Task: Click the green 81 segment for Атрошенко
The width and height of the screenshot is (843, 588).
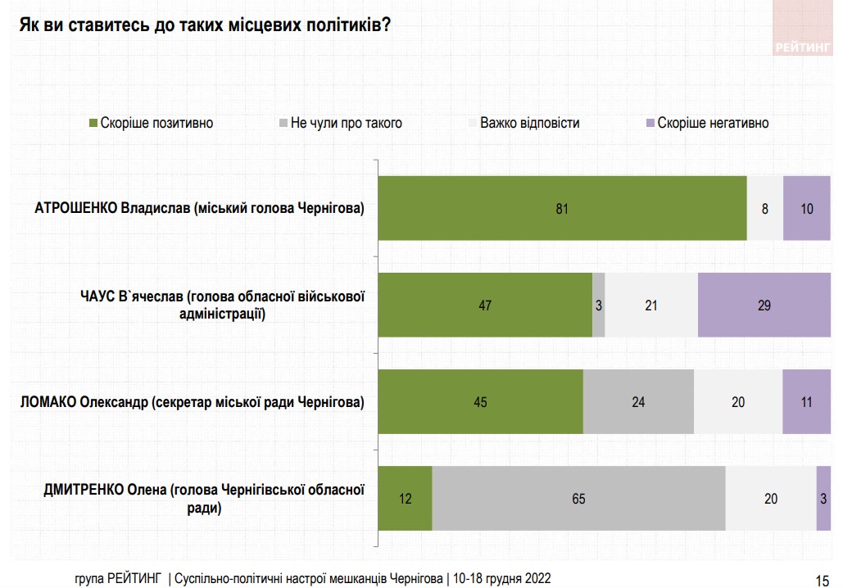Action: pyautogui.click(x=562, y=208)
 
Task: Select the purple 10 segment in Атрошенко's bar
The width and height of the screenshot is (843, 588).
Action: pyautogui.click(x=807, y=208)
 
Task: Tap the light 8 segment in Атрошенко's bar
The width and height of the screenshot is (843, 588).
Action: pyautogui.click(x=765, y=208)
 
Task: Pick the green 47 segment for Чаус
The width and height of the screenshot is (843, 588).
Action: pyautogui.click(x=485, y=305)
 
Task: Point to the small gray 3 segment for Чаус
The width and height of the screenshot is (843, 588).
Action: pyautogui.click(x=599, y=305)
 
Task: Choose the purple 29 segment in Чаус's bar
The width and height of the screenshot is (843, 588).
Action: pyautogui.click(x=764, y=305)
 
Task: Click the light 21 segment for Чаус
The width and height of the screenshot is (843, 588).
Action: pyautogui.click(x=651, y=305)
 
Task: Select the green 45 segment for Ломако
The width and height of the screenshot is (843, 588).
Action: pyautogui.click(x=480, y=401)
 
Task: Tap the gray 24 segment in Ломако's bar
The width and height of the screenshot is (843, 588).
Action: pyautogui.click(x=638, y=401)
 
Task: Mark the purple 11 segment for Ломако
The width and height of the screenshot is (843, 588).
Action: pyautogui.click(x=807, y=401)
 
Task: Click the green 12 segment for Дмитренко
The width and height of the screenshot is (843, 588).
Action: pyautogui.click(x=405, y=498)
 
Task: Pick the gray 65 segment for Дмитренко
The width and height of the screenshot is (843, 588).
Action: pyautogui.click(x=578, y=498)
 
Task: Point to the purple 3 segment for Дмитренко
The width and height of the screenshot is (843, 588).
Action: pyautogui.click(x=823, y=498)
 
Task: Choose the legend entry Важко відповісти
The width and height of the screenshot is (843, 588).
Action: pyautogui.click(x=529, y=123)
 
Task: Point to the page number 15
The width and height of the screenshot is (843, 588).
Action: pyautogui.click(x=822, y=577)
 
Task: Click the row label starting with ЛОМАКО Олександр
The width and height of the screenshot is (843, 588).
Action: pyautogui.click(x=192, y=402)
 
